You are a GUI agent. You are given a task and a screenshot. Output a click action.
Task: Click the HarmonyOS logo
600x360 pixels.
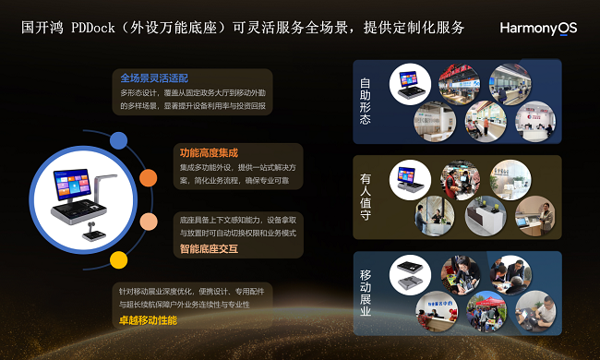[538, 29]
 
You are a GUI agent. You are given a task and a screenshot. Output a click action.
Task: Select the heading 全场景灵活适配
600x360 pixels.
[154, 78]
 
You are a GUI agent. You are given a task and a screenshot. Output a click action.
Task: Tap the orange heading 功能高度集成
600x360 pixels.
[209, 151]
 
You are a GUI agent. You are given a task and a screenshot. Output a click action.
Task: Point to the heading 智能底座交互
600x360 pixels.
[209, 249]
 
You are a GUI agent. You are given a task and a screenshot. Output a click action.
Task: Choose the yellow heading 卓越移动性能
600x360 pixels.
[149, 320]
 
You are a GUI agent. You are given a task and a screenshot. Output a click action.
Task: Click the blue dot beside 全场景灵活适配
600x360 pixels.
[119, 139]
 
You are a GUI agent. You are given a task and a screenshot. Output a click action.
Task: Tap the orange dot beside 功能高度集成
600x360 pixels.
[148, 177]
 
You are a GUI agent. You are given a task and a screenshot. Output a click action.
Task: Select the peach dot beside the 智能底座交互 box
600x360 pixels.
[148, 221]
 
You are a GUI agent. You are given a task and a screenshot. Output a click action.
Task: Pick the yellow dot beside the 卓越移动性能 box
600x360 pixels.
[119, 259]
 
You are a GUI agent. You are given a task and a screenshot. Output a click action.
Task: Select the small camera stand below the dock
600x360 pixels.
[93, 230]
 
